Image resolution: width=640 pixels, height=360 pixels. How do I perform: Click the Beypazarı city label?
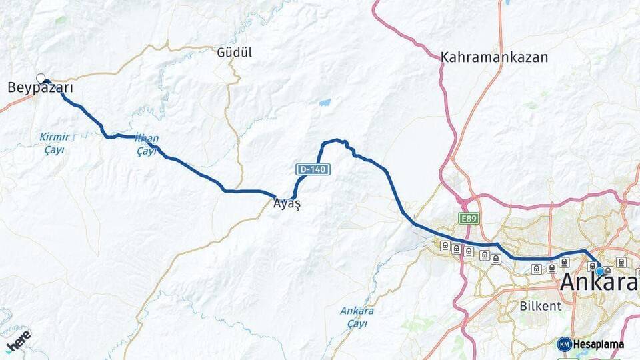(x=40, y=88)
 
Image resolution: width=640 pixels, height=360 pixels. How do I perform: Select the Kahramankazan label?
(x=494, y=57)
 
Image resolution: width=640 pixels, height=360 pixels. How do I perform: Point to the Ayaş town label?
(x=287, y=204)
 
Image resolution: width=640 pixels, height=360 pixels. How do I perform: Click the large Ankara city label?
(x=599, y=283)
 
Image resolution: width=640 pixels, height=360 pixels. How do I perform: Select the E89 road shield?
(x=467, y=218)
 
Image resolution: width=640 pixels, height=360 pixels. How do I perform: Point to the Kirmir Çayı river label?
(x=54, y=143)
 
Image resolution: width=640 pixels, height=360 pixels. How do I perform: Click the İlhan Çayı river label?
(x=147, y=145)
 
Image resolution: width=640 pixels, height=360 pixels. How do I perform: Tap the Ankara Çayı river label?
(x=357, y=317)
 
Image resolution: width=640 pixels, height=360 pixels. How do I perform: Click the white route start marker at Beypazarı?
(x=41, y=78)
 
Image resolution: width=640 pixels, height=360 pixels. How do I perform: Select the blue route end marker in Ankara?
(x=599, y=271)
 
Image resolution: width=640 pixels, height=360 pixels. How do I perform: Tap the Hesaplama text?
(x=599, y=345)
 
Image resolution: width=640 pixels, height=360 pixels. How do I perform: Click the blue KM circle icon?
(x=564, y=344)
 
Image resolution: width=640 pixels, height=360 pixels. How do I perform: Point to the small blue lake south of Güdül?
(x=325, y=103)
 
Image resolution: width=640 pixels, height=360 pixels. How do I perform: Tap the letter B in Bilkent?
(x=523, y=306)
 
